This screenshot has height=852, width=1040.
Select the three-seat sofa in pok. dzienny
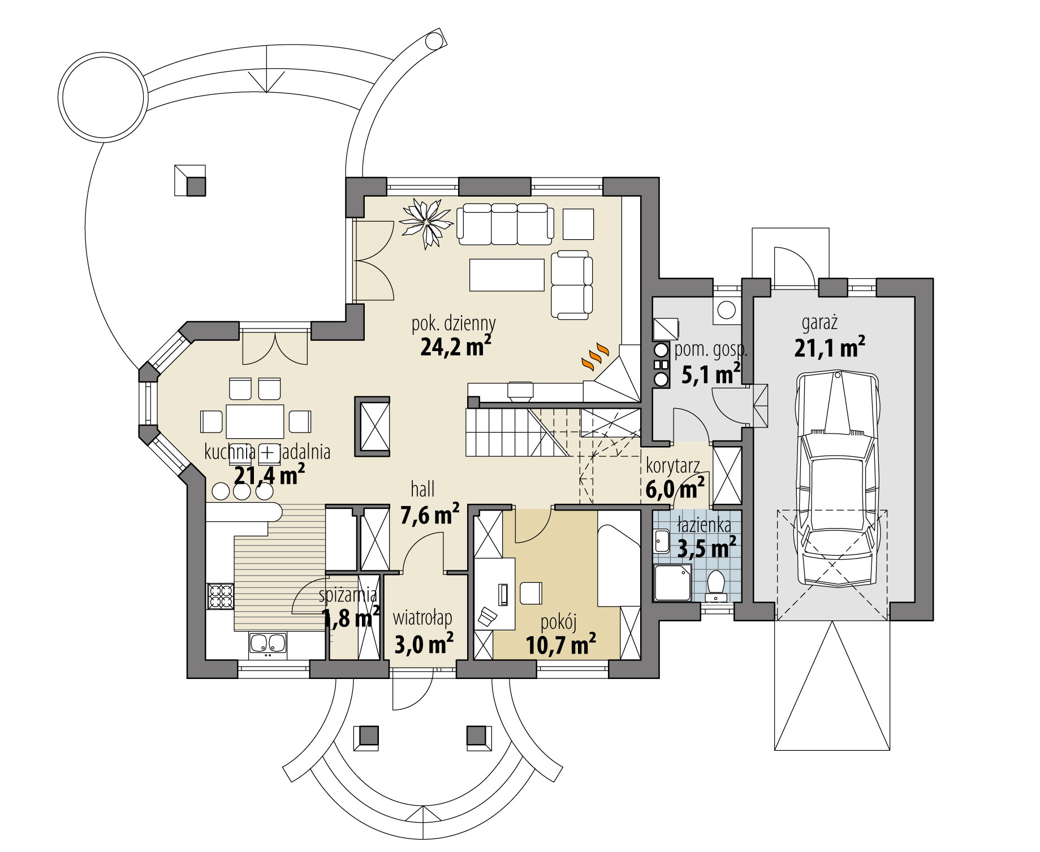505,224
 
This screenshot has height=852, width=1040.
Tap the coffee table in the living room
507,274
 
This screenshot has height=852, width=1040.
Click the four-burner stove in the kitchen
221,595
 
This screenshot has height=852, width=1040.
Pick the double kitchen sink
267,643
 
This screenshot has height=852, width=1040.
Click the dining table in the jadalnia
255,421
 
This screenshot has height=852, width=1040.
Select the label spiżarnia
348,595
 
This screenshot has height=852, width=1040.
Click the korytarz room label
673,466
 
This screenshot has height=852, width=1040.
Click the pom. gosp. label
711,351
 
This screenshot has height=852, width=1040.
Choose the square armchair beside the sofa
578,224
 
